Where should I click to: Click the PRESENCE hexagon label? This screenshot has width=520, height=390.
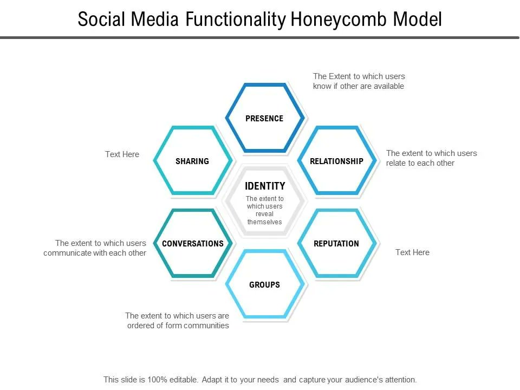(264, 119)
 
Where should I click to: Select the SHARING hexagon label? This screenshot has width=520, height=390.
(192, 161)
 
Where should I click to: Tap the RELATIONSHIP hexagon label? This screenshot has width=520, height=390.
(336, 161)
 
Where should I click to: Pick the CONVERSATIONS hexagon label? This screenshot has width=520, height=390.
(193, 244)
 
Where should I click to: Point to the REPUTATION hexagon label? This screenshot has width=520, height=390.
(336, 244)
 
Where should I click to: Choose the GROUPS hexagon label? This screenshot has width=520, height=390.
(264, 285)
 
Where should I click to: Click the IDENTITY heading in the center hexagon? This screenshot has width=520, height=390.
(265, 186)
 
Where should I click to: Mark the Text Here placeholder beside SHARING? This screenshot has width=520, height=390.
(122, 154)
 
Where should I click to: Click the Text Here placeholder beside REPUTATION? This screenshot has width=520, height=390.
(412, 252)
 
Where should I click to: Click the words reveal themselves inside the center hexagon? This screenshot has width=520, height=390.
(265, 218)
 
